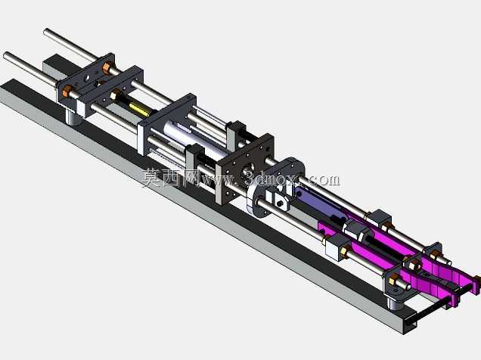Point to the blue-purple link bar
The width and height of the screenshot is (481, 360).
[319, 203]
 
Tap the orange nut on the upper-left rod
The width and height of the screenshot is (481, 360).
[107, 67]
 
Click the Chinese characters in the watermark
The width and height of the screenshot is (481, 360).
[171, 178]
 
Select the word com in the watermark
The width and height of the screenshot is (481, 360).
[324, 179]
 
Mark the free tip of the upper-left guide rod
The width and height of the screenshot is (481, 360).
[46, 31]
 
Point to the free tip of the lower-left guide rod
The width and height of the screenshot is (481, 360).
[5, 55]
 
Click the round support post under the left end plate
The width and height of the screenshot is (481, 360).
[73, 118]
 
